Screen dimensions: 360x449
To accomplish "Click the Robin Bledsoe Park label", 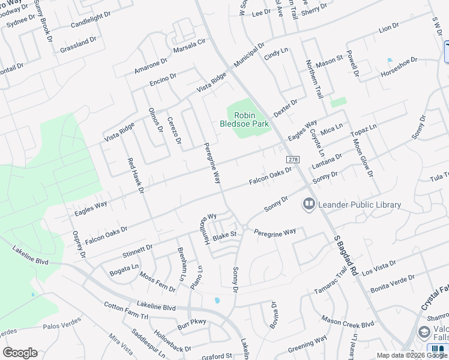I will (x=245, y=119).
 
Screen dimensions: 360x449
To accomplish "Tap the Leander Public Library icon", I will (x=309, y=205).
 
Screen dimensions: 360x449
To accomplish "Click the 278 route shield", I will (x=293, y=160).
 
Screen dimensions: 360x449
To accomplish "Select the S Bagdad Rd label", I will (x=346, y=255).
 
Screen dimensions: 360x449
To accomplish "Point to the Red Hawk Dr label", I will (x=135, y=176).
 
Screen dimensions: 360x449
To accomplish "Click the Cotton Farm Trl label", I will (x=125, y=310).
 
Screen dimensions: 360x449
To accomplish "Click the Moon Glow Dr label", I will (x=363, y=157).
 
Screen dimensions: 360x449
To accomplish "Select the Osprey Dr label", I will (x=79, y=244).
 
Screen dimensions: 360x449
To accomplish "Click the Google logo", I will (x=20, y=353).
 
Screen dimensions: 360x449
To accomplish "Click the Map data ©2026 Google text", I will (x=412, y=355).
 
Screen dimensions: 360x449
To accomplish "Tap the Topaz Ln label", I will (x=364, y=129).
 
